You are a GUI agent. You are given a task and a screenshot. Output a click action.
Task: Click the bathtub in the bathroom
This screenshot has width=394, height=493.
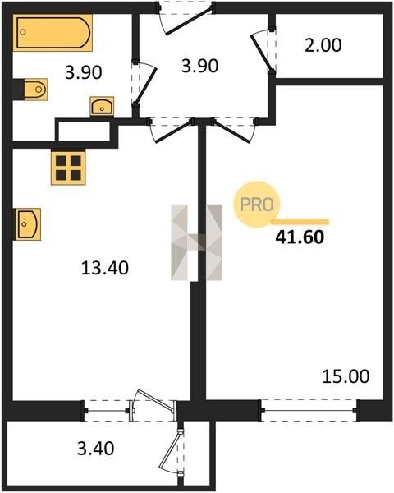tap(53, 32)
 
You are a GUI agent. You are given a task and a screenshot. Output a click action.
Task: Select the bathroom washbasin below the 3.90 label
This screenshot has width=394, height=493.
tap(102, 107)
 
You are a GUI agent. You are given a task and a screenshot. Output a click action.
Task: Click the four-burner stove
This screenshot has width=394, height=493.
tap(68, 168)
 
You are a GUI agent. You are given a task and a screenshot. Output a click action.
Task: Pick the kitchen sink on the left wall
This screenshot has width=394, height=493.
tap(27, 224)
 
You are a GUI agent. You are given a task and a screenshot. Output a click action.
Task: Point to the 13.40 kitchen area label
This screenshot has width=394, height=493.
tap(105, 268)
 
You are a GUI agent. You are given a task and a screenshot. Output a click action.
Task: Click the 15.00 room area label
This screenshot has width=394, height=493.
tap(346, 376)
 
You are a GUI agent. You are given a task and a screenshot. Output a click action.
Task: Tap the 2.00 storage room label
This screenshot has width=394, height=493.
tap(323, 45)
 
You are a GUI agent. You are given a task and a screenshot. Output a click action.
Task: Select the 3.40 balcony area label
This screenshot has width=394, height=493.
tap(96, 449)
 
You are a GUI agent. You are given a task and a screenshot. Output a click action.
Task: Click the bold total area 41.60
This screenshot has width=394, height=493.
tap(300, 237)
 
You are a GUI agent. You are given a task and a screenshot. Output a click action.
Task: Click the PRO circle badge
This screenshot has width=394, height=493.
tap(257, 205)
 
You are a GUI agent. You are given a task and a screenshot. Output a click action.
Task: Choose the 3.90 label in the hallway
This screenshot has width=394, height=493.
tap(199, 67)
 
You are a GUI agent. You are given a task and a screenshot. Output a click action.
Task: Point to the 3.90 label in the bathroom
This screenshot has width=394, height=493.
tap(84, 72)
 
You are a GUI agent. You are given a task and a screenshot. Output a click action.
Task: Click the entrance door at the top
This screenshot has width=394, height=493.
tap(190, 19)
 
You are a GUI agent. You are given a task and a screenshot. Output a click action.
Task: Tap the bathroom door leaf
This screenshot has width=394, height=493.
tap(145, 85)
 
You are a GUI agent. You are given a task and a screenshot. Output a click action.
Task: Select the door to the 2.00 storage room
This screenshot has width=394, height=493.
tap(262, 53)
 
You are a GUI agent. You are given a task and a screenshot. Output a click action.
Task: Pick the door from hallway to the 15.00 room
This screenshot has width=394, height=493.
tap(232, 132)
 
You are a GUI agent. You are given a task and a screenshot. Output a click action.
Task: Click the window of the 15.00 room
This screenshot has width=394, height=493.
tap(309, 410)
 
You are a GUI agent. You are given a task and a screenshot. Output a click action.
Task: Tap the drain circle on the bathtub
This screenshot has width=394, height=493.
tap(23, 32)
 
